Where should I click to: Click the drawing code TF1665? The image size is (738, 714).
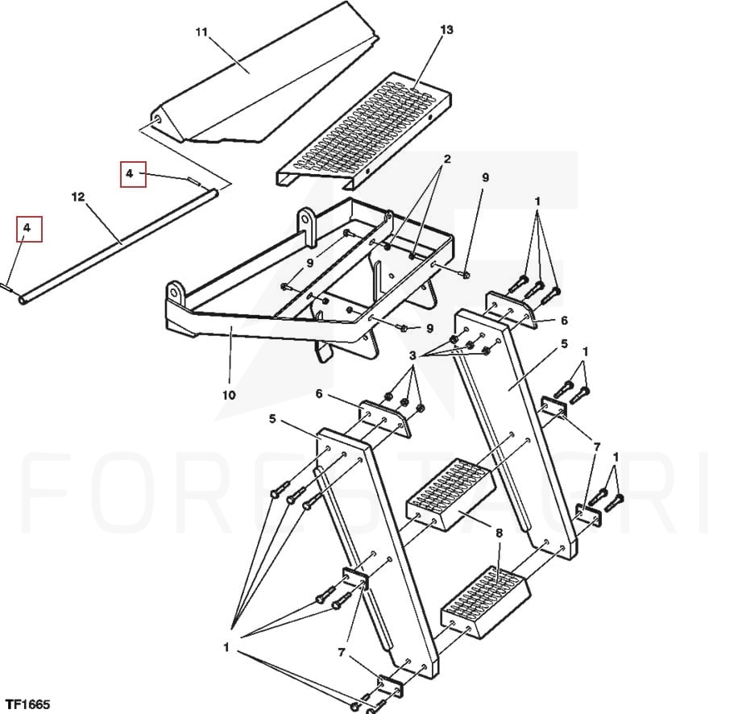[x=27, y=704]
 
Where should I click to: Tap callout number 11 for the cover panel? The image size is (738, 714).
[x=201, y=32]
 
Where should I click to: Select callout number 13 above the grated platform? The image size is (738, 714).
[x=446, y=30]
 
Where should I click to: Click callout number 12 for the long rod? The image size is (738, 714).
[x=78, y=197]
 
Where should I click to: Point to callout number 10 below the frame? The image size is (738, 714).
[x=229, y=395]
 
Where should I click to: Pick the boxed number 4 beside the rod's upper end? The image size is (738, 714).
[x=133, y=174]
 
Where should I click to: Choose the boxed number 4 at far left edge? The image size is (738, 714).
[x=29, y=229]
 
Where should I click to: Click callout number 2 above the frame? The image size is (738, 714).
[x=446, y=159]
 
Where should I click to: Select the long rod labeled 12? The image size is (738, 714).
[x=118, y=246]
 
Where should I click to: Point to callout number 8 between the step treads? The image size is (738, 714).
[x=499, y=533]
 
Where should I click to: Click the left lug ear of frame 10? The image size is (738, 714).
[x=175, y=293]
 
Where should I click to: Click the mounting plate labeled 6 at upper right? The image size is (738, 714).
[x=512, y=309]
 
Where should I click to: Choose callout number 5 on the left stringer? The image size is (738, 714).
[x=272, y=418]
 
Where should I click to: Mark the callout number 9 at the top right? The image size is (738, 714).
[x=485, y=177]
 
